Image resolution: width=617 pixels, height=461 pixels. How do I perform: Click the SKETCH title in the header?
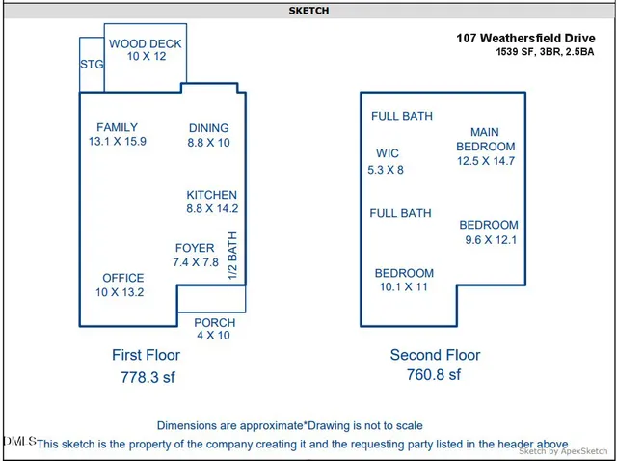coord(308,11)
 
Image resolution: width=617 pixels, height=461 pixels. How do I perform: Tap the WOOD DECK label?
coord(145,44)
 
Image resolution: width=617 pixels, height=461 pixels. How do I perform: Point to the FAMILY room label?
coord(117,127)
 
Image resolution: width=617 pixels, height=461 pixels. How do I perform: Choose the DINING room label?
coord(208,128)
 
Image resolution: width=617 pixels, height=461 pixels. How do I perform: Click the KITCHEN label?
coord(211,195)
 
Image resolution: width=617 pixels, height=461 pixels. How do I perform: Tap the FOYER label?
coord(195,248)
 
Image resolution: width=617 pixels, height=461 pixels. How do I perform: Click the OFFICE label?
coord(123,278)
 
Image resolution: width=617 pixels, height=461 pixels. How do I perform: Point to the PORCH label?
coord(214,323)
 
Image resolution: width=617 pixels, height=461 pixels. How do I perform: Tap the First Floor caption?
coord(146,355)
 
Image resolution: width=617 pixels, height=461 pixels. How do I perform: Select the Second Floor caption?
coord(435,355)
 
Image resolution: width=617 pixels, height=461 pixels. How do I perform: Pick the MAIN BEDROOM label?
coord(485,139)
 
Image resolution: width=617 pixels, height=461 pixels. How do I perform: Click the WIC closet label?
coord(388,153)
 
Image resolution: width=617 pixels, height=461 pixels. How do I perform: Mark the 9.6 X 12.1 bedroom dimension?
coord(491,239)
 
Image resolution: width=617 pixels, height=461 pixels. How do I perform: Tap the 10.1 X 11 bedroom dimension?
coord(404,286)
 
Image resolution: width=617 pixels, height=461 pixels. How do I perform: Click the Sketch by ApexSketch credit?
coord(563,450)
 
